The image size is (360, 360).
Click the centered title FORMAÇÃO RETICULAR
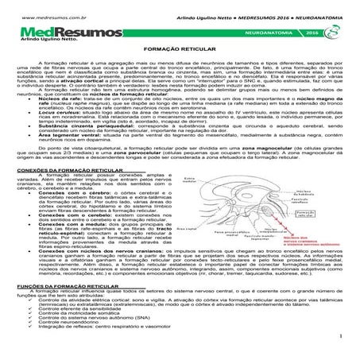pos(180,71)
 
